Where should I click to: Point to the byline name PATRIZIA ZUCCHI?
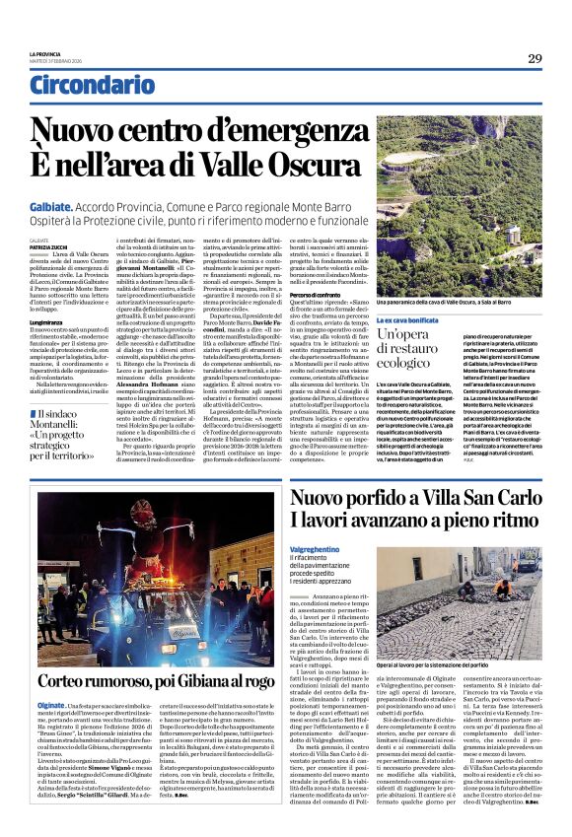click(x=48, y=245)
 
